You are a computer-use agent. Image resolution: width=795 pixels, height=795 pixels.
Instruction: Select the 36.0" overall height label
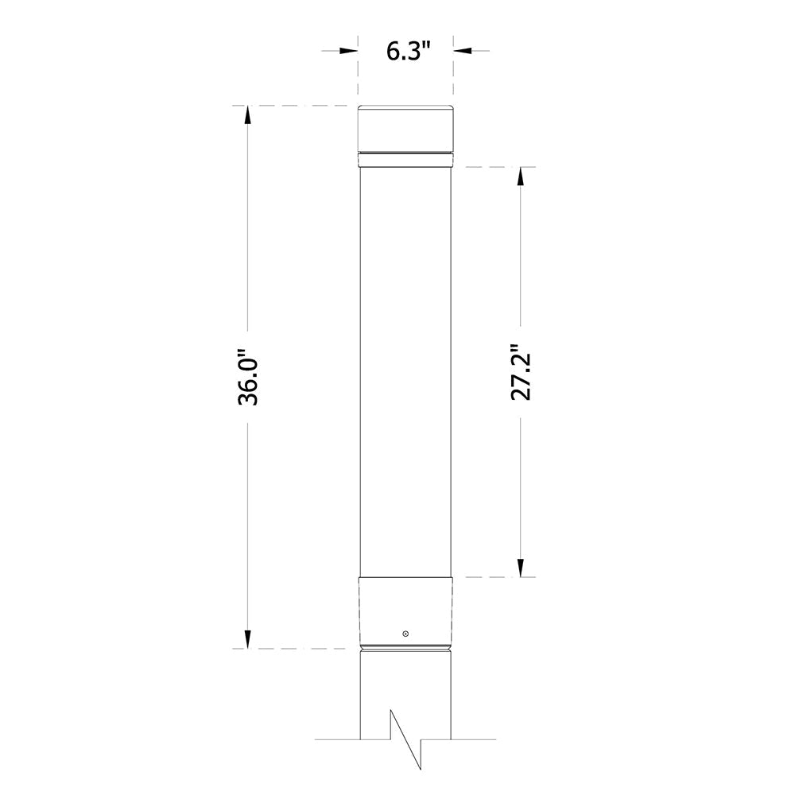coord(248,377)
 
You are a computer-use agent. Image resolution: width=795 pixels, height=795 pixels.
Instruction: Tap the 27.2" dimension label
coord(521,372)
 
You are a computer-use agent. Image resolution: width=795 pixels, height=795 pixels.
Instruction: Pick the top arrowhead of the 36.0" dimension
coord(247,114)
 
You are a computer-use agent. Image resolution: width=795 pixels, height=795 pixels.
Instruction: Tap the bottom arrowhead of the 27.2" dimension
coord(521,567)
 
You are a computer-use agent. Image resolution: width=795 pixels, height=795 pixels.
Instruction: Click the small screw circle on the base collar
coord(405,634)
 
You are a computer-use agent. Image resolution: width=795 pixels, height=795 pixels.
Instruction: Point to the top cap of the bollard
coord(405,128)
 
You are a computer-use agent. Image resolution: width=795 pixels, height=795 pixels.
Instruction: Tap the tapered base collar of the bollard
coord(405,608)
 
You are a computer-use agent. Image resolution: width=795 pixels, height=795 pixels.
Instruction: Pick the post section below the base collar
coord(405,684)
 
